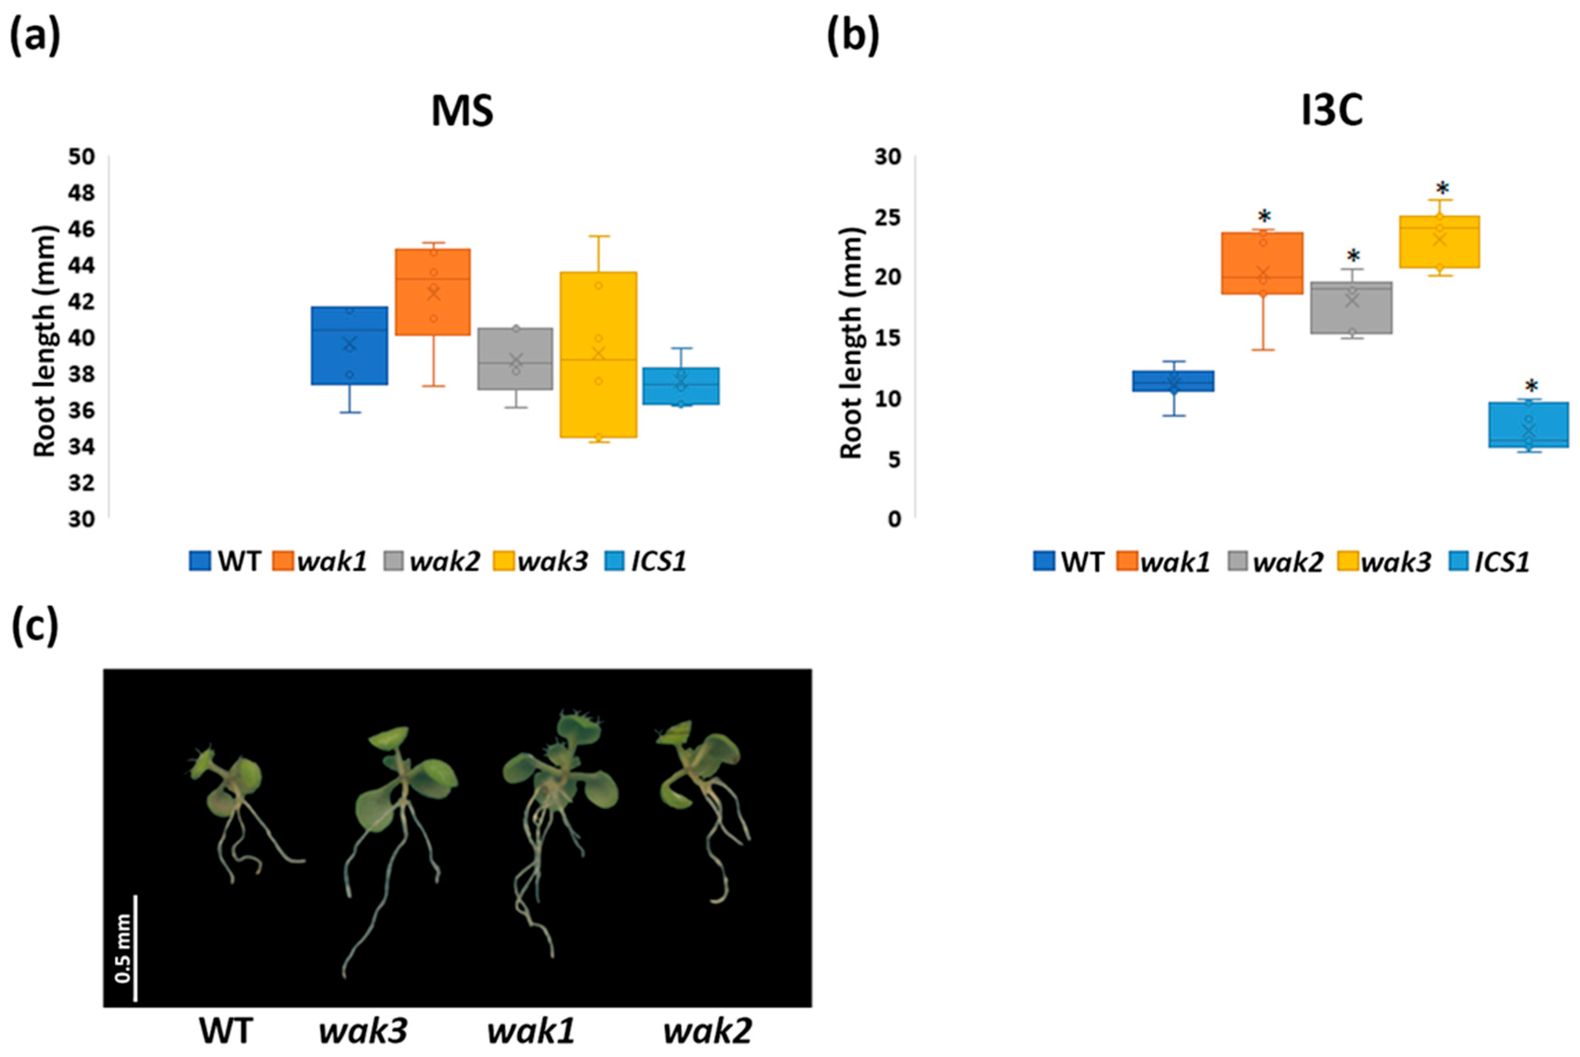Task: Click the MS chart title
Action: (462, 112)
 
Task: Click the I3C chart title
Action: (1331, 112)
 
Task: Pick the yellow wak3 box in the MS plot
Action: (598, 354)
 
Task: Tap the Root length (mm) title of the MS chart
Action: (44, 341)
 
